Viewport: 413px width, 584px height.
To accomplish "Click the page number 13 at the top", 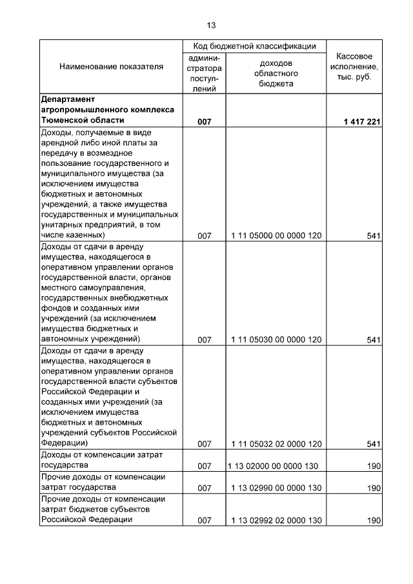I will tap(211, 26).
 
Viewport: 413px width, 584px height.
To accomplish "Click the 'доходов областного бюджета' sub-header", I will tap(276, 74).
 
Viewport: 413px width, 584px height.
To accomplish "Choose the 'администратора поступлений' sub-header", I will tap(205, 74).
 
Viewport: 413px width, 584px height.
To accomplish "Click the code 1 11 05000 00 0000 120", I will tap(276, 236).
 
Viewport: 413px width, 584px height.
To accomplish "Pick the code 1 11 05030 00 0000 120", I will tap(276, 340).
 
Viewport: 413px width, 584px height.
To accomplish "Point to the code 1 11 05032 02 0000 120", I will tap(276, 444).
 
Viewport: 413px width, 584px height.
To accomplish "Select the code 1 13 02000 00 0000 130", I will tap(276, 466).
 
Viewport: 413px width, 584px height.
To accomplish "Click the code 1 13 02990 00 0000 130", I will tap(276, 488).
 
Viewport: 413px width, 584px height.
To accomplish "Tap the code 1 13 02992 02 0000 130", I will tap(276, 521).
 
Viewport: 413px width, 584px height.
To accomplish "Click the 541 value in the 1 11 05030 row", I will tap(373, 340).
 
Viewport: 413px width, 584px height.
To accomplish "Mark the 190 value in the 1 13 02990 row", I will tap(373, 488).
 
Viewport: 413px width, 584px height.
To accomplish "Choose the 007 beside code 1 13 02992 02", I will tap(205, 521).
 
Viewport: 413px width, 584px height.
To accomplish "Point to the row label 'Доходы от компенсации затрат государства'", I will tap(101, 460).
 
